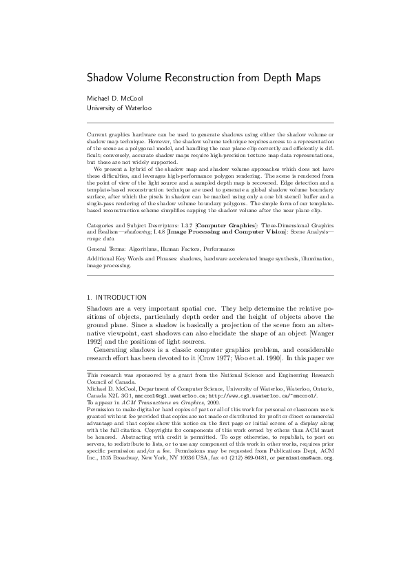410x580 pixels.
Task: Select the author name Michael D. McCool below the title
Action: tap(114, 98)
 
